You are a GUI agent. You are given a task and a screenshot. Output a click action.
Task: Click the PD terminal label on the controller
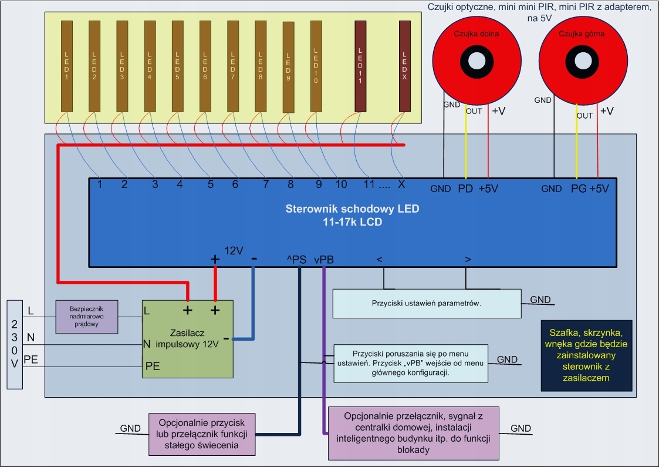(x=465, y=189)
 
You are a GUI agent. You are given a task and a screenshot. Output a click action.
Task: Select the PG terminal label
(x=579, y=189)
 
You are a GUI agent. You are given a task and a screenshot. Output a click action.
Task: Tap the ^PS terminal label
(x=297, y=258)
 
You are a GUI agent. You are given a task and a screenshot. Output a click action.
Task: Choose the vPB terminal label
(x=323, y=258)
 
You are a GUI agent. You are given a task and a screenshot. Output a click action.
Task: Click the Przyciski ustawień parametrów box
(x=426, y=303)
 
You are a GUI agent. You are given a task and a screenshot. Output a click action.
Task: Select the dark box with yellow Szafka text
(x=586, y=355)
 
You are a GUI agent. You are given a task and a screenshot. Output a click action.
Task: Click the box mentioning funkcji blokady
(x=413, y=433)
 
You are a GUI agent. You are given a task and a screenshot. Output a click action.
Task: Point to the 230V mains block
(x=14, y=344)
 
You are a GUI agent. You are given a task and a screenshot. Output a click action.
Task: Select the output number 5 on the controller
(x=210, y=184)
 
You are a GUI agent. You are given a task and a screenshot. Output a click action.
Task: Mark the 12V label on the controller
(x=234, y=251)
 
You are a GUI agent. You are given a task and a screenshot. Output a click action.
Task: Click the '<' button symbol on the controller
(x=379, y=258)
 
